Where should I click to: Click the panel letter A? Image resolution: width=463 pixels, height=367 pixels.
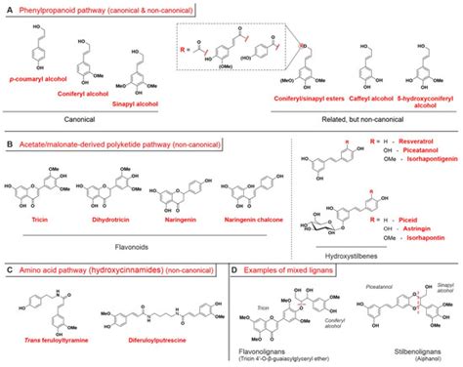tap(9, 9)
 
